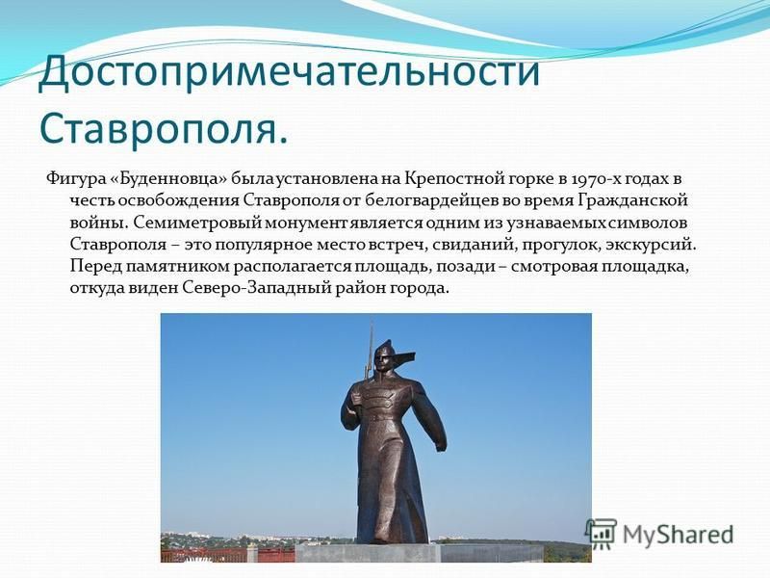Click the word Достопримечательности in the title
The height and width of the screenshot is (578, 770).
pyautogui.click(x=290, y=72)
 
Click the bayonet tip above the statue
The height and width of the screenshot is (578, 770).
pyautogui.click(x=371, y=324)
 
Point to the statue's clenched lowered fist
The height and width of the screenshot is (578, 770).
pyautogui.click(x=441, y=445)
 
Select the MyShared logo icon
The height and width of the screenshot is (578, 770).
pyautogui.click(x=601, y=534)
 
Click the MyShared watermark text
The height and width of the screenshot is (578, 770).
pyautogui.click(x=678, y=535)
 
